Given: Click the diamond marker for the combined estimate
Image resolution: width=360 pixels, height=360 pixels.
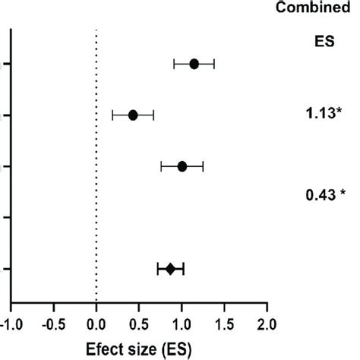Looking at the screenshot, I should [170, 269].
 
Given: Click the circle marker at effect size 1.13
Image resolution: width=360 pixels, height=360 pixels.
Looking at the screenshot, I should [194, 64].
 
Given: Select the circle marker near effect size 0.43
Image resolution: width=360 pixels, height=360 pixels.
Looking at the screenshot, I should [133, 115].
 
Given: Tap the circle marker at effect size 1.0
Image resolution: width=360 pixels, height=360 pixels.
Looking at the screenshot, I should [182, 166].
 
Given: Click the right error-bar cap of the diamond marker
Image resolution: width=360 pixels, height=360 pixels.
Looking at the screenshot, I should [184, 269].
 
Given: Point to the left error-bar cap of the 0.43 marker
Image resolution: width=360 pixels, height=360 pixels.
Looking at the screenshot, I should [112, 115].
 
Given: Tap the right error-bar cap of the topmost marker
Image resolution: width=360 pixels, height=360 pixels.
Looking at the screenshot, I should [214, 64].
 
